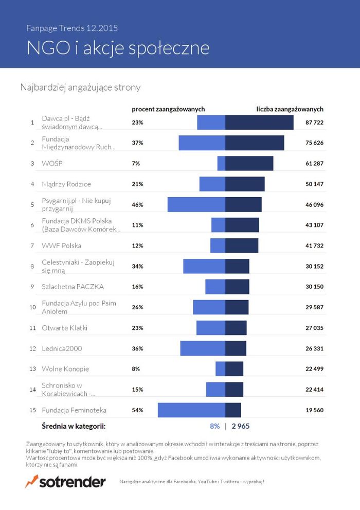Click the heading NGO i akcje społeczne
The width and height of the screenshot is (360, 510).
coord(118,47)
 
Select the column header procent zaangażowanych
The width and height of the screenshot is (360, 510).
coord(168,109)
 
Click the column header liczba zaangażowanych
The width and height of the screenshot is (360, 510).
coord(290,109)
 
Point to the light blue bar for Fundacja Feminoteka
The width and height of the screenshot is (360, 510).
coord(191,410)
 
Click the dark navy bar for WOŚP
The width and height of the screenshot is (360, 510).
coord(249,163)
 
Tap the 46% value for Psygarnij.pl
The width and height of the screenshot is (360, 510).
coord(137,204)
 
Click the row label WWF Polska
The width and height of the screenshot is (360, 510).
coord(61,245)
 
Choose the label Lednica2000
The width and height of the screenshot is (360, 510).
coord(62,348)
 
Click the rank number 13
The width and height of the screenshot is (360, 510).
coord(32,369)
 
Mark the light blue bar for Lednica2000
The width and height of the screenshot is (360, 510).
coord(203,348)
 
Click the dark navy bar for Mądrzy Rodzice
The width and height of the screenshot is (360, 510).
coord(245,184)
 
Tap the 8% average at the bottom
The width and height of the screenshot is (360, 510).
coord(214,426)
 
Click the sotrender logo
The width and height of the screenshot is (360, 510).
coord(65,482)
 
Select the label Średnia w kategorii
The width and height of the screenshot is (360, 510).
coord(73,426)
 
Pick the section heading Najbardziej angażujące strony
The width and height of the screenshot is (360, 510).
coord(80,87)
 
